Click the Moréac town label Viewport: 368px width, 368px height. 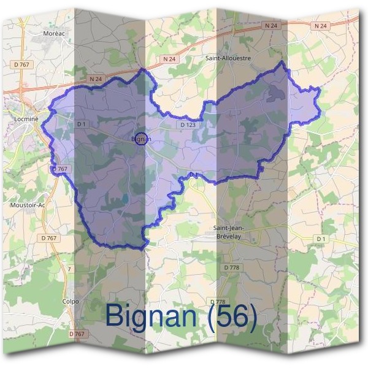pos(54,33)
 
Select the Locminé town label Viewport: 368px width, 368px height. pos(25,113)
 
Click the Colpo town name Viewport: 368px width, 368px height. pos(71,301)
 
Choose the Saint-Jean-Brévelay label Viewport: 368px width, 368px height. pos(229,231)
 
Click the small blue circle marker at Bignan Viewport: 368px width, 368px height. pos(141,139)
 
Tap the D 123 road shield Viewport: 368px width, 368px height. pos(188,125)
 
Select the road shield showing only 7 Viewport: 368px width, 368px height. pos(70,269)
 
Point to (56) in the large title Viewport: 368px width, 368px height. pos(231,316)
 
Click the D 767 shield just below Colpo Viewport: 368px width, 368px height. pos(77,334)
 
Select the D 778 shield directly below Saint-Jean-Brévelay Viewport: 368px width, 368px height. pos(231,267)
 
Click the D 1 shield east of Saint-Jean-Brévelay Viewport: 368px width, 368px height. pos(320,238)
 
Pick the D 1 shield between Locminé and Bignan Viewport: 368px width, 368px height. pos(81,124)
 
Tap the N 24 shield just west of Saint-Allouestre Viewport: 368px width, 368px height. pos(170,59)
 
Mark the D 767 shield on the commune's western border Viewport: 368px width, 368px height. pos(59,169)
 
